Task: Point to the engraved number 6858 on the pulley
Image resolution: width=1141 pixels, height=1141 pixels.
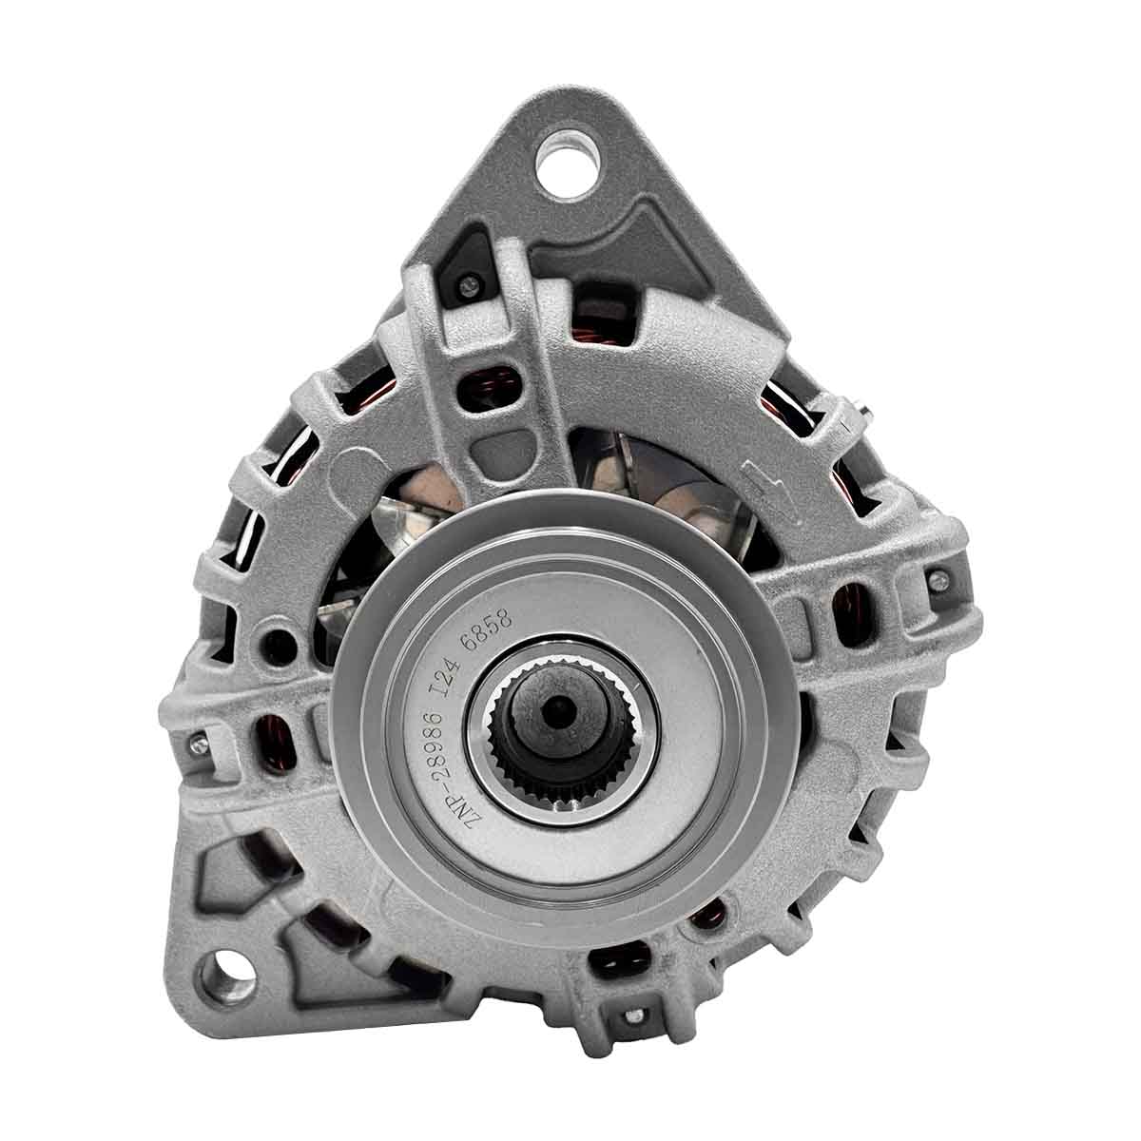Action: coord(484,633)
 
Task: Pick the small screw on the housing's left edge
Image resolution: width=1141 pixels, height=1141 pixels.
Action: coord(198,744)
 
